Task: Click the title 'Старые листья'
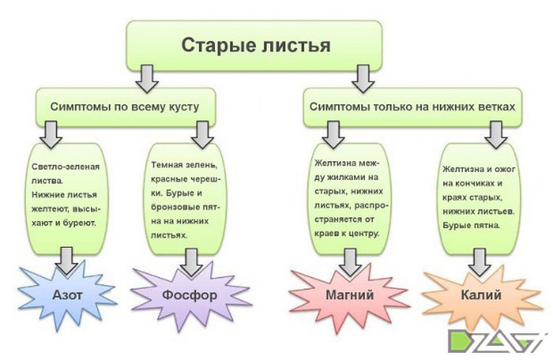[256, 46]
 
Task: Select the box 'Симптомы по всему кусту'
[126, 107]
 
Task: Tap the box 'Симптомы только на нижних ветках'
[412, 107]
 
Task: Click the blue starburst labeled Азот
[67, 295]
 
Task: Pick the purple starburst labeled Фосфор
[190, 295]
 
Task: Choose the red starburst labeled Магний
[349, 294]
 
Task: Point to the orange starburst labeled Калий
[481, 294]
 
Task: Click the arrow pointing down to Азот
[66, 261]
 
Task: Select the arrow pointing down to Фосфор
[191, 263]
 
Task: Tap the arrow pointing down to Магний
[349, 263]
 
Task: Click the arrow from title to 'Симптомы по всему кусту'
[147, 79]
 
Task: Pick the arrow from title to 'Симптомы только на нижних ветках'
[363, 79]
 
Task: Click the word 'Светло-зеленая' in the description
[66, 167]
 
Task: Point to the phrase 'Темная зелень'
[182, 165]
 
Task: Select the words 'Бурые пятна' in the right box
[471, 226]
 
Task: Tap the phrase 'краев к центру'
[347, 234]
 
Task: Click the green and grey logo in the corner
[497, 341]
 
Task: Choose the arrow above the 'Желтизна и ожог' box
[496, 135]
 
